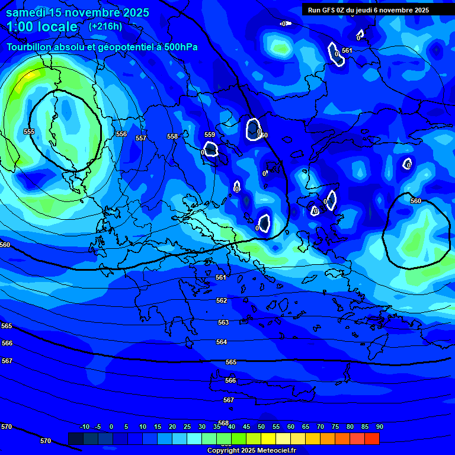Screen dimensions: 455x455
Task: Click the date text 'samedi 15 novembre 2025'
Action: [x=78, y=12]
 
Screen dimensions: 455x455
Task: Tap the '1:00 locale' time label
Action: [x=42, y=27]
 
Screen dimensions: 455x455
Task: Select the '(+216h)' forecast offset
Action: [x=105, y=26]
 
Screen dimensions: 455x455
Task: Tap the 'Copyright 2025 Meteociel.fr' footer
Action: [x=251, y=450]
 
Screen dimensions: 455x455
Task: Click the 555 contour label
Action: [x=29, y=132]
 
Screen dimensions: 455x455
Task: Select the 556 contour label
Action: [x=121, y=134]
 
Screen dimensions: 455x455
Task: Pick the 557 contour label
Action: [x=141, y=138]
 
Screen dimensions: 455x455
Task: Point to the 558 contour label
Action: [x=172, y=136]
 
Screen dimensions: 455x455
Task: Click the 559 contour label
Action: [x=210, y=135]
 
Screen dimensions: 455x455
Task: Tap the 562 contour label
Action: [x=222, y=301]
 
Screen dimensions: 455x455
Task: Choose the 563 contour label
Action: [x=223, y=323]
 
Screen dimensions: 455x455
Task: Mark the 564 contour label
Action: [x=222, y=342]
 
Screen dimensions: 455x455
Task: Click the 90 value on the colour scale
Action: [x=379, y=427]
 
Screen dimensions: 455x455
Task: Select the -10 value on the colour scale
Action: [x=85, y=427]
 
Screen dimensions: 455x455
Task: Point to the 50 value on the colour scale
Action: [x=261, y=427]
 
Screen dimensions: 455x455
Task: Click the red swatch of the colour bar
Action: [x=372, y=438]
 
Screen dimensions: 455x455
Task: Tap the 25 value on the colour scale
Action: [x=187, y=427]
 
